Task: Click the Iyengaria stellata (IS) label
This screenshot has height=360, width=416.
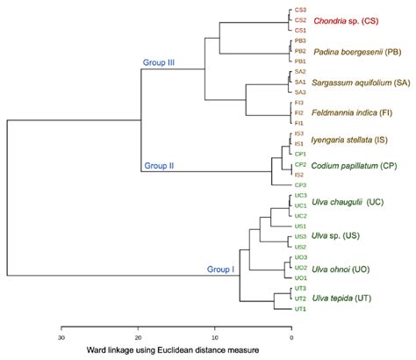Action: click(x=361, y=140)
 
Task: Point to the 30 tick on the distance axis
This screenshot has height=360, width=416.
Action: click(x=61, y=335)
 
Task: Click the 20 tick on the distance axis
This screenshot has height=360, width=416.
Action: click(x=138, y=335)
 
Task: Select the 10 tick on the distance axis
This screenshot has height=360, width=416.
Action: click(x=214, y=335)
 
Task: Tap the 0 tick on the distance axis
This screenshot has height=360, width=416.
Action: click(x=290, y=335)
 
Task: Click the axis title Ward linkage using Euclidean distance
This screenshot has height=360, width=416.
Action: click(x=176, y=350)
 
